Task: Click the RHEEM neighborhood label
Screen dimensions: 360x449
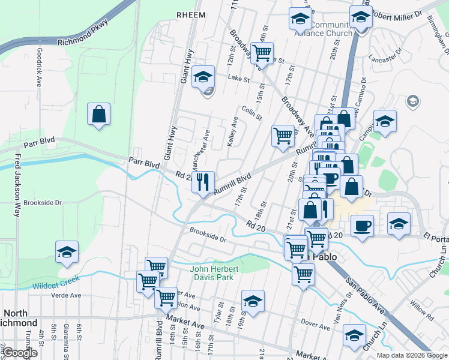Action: [x=191, y=14]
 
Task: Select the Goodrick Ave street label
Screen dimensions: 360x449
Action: [x=38, y=68]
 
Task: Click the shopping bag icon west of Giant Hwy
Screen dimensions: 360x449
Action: [x=98, y=114]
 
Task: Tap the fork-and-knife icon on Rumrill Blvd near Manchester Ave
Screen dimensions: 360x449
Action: [x=203, y=181]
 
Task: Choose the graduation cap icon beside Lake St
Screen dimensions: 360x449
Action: [x=203, y=77]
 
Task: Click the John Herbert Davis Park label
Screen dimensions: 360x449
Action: [x=214, y=273]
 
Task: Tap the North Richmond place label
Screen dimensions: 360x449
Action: [x=22, y=318]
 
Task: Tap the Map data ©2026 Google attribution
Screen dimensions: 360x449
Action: [x=411, y=355]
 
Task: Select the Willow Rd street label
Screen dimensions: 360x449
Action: [x=422, y=313]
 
